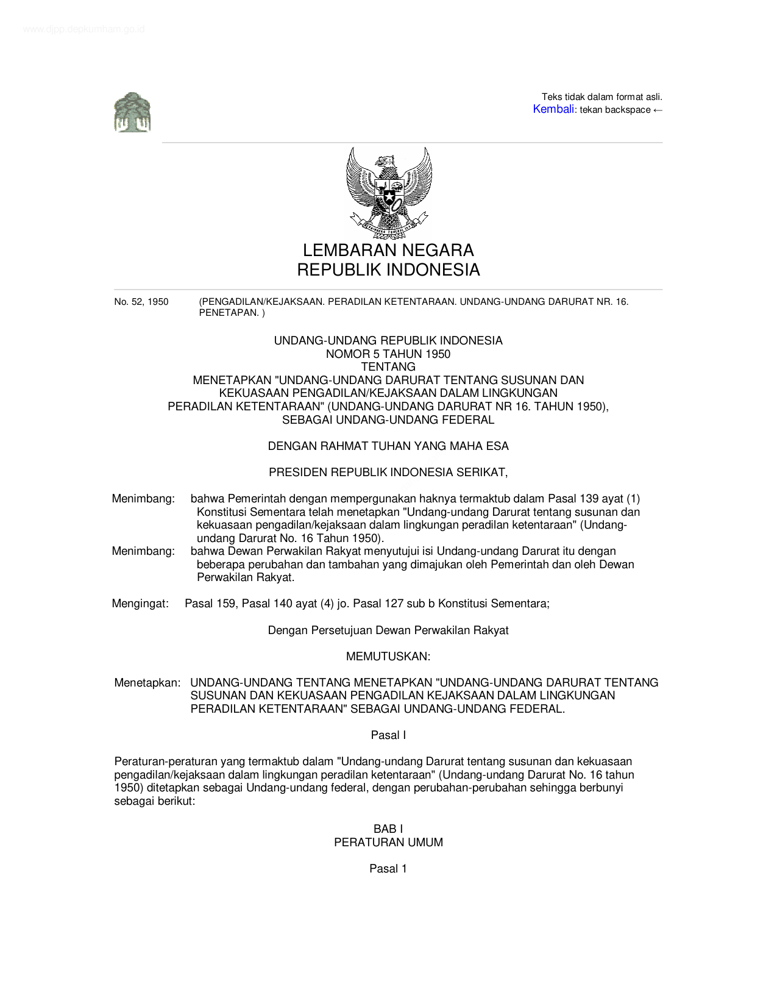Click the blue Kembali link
point(553,109)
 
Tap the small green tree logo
point(132,112)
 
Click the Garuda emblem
point(389,193)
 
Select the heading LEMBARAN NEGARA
point(388,250)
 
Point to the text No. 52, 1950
point(141,302)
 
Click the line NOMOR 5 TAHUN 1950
point(388,354)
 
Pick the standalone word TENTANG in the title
point(388,367)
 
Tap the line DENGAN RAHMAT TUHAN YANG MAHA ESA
point(388,446)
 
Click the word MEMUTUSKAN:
point(388,657)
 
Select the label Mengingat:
point(140,604)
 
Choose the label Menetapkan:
point(147,683)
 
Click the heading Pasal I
point(388,735)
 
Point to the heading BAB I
point(388,829)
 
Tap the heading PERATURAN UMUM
point(388,843)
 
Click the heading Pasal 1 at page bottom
point(388,869)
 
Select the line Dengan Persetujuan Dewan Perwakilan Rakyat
point(388,630)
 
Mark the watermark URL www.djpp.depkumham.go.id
point(83,29)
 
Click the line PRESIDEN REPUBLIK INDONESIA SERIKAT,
point(388,473)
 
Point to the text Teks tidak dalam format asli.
point(601,97)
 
